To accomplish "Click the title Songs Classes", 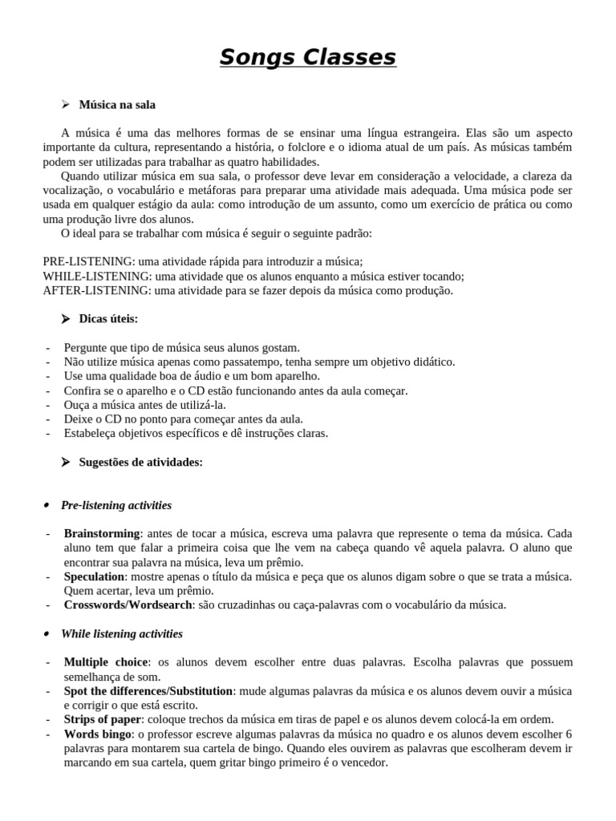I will [x=308, y=58].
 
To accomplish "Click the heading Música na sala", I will [x=117, y=105].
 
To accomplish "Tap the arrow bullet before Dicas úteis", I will [x=66, y=319].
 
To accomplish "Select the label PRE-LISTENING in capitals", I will [x=88, y=262].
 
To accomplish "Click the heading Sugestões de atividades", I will [x=140, y=463].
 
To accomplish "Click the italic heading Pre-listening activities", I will [x=116, y=506].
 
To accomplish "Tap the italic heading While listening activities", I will [x=122, y=634].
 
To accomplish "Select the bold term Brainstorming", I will [x=102, y=533].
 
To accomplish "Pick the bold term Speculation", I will [x=94, y=576].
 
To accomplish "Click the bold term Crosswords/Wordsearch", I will [x=128, y=605].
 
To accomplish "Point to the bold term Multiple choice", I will [x=106, y=662].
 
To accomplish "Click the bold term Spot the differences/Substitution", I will [x=148, y=691].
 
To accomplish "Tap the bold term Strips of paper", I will [x=102, y=720].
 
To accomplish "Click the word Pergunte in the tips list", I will [x=86, y=348].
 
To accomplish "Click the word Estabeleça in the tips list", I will [x=91, y=434].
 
